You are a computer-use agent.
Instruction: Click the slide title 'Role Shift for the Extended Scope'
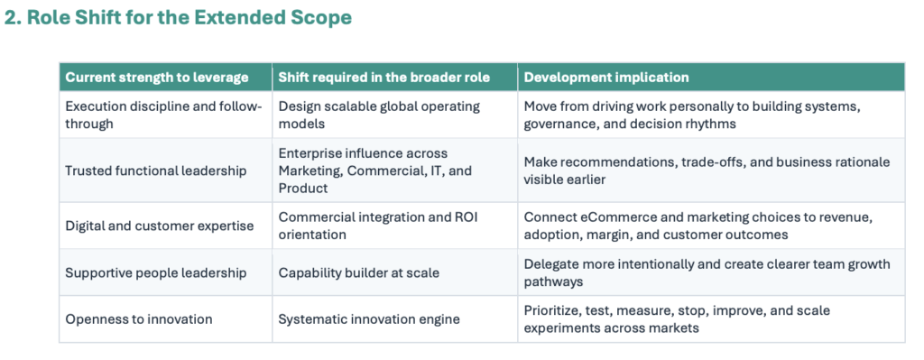tap(189, 17)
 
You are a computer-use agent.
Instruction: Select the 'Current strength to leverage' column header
tap(157, 78)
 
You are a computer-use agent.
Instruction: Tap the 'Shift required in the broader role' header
tap(384, 78)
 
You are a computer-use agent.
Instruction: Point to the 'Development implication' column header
tap(606, 78)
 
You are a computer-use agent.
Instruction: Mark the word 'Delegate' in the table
tap(548, 264)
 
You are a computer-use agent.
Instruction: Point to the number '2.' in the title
tap(14, 17)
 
